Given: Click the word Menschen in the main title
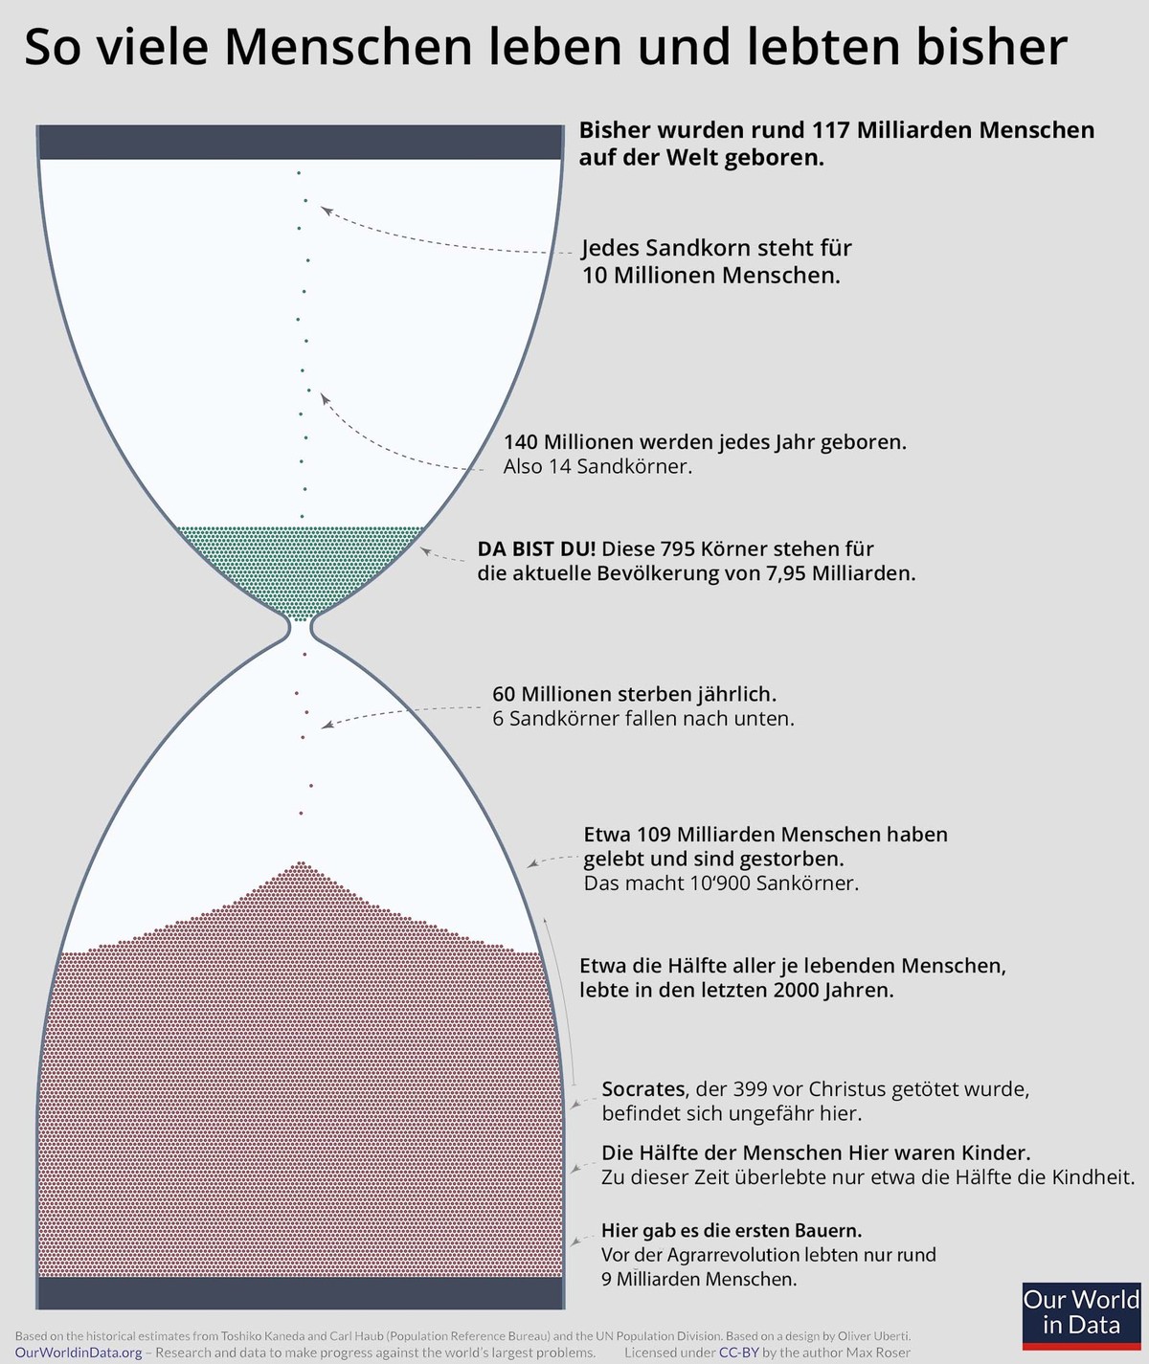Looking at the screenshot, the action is click(348, 46).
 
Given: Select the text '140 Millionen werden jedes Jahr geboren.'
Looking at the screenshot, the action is click(705, 442).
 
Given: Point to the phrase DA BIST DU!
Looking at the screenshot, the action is click(536, 548).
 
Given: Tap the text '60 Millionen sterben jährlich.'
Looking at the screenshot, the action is click(634, 693).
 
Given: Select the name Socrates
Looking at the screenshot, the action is click(643, 1089).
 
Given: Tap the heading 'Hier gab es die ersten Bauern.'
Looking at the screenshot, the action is click(732, 1231).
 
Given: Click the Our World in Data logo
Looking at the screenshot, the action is click(1081, 1315).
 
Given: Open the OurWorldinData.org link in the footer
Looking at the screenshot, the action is click(79, 1353).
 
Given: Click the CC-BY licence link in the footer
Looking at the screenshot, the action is click(738, 1353).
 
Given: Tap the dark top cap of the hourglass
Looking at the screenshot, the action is click(301, 142).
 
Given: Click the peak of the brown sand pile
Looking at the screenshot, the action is click(301, 863).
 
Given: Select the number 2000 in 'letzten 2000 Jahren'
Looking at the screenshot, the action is click(796, 991).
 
